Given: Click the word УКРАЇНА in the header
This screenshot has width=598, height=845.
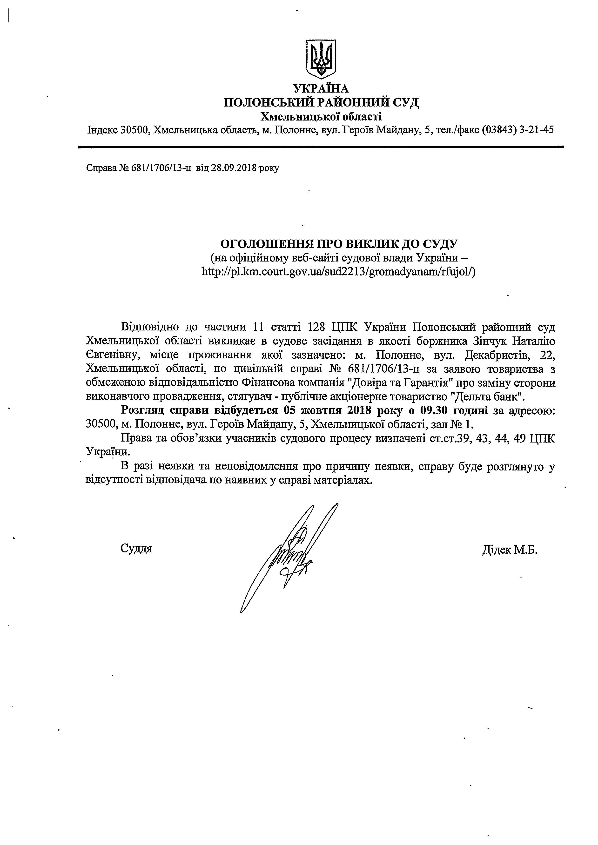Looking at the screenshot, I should tap(321, 89).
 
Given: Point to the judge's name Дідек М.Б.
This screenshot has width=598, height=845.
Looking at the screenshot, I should tap(510, 550).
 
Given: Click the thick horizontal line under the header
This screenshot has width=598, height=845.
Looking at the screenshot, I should tap(321, 147).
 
